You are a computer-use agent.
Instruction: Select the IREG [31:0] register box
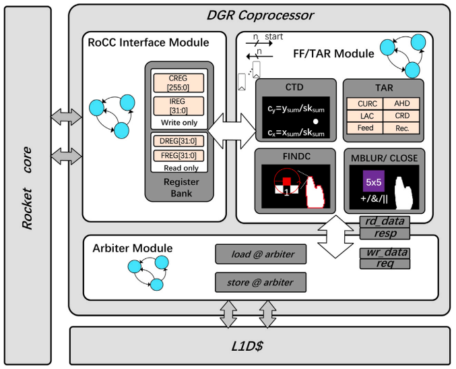(180, 106)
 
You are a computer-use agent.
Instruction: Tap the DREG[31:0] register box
(180, 144)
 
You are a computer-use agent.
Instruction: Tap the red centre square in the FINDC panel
(286, 181)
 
